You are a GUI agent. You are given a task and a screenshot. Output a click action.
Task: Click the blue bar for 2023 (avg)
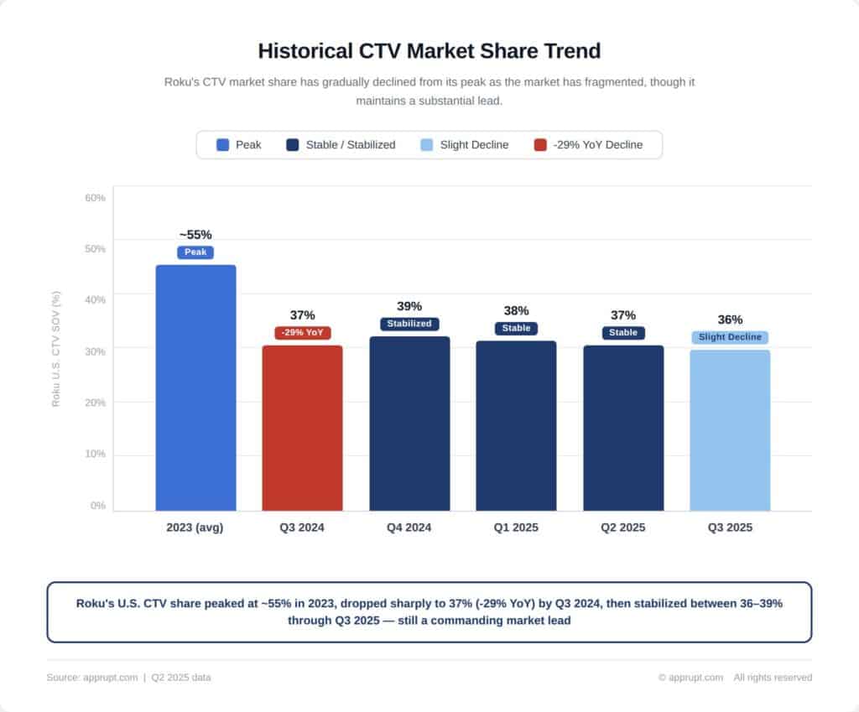[195, 387]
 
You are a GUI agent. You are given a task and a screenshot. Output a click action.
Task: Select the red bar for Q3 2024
[302, 428]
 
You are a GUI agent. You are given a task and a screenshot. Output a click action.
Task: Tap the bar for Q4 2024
[409, 424]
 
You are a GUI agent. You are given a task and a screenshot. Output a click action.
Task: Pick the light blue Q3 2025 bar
[730, 430]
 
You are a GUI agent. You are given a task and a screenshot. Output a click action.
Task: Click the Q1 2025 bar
[516, 425]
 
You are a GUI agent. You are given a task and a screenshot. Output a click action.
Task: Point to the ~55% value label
[195, 235]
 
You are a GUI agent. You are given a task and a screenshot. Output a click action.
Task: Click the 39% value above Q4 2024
[409, 307]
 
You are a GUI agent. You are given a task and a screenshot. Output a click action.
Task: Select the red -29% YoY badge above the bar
[302, 333]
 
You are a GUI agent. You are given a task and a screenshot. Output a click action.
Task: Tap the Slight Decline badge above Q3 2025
[730, 337]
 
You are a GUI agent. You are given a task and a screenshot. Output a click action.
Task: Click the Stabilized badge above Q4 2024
[409, 324]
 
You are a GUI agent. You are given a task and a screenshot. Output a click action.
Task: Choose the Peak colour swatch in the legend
[222, 145]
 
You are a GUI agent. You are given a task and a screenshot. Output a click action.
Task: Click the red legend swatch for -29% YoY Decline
[540, 145]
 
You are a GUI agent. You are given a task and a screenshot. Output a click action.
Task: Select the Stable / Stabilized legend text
[350, 145]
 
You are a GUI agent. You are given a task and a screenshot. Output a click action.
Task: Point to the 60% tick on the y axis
[96, 198]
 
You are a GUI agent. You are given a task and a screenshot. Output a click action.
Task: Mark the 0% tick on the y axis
[98, 506]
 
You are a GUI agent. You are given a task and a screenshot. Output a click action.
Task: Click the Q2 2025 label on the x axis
[622, 528]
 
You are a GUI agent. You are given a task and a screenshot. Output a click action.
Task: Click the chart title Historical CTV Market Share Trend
[429, 51]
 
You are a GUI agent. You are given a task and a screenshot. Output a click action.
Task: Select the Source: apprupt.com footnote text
[92, 678]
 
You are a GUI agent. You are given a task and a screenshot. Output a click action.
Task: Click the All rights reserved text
[773, 678]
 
